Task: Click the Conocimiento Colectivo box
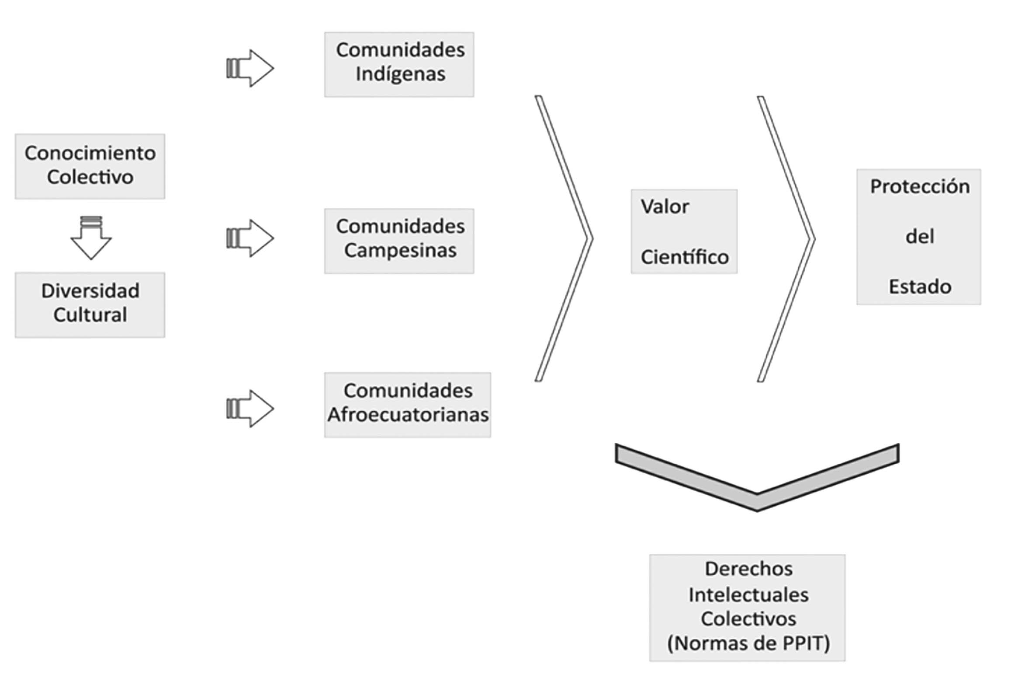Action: click(x=90, y=166)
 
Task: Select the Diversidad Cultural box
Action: click(x=90, y=304)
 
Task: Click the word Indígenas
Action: click(x=400, y=74)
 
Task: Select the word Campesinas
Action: click(x=400, y=250)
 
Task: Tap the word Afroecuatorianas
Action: click(x=408, y=414)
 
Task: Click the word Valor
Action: click(x=665, y=207)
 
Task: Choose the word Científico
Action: click(x=684, y=257)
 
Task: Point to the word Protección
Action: click(x=920, y=186)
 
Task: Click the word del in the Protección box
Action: click(x=920, y=237)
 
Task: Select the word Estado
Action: click(x=920, y=287)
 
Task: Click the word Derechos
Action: click(x=748, y=569)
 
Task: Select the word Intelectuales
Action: click(x=748, y=595)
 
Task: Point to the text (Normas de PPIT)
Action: click(x=748, y=643)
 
